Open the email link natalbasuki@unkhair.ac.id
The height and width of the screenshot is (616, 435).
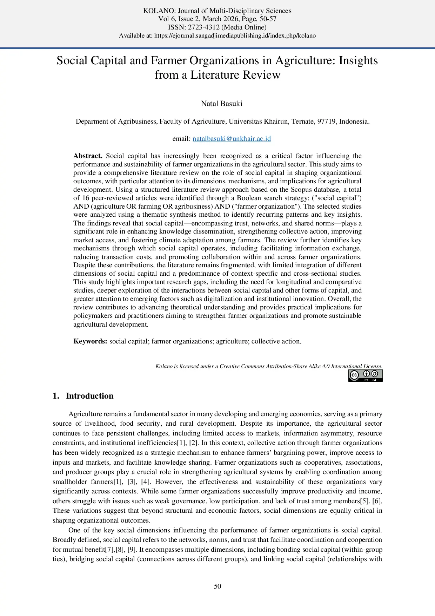pos(232,139)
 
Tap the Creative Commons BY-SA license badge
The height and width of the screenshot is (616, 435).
pos(365,375)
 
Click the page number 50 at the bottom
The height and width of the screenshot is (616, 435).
pos(217,586)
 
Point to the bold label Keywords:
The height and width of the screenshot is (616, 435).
pos(90,341)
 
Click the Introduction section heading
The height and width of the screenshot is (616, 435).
pos(89,396)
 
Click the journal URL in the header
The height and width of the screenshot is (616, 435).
pos(235,36)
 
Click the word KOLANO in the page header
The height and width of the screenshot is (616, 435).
pos(157,11)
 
